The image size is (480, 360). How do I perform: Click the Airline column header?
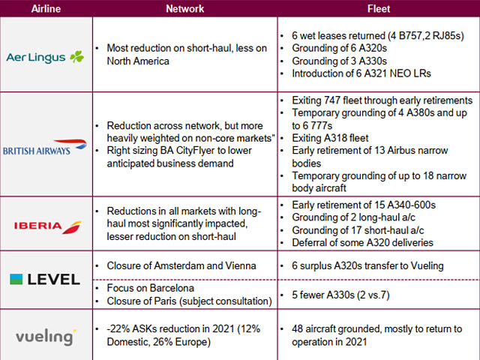[46, 9]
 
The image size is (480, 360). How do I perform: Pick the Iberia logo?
[46, 226]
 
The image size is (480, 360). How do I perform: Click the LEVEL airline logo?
[45, 279]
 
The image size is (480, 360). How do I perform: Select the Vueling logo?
[46, 334]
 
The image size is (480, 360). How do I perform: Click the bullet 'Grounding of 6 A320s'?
[329, 49]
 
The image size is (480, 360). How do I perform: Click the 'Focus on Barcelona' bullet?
[151, 288]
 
